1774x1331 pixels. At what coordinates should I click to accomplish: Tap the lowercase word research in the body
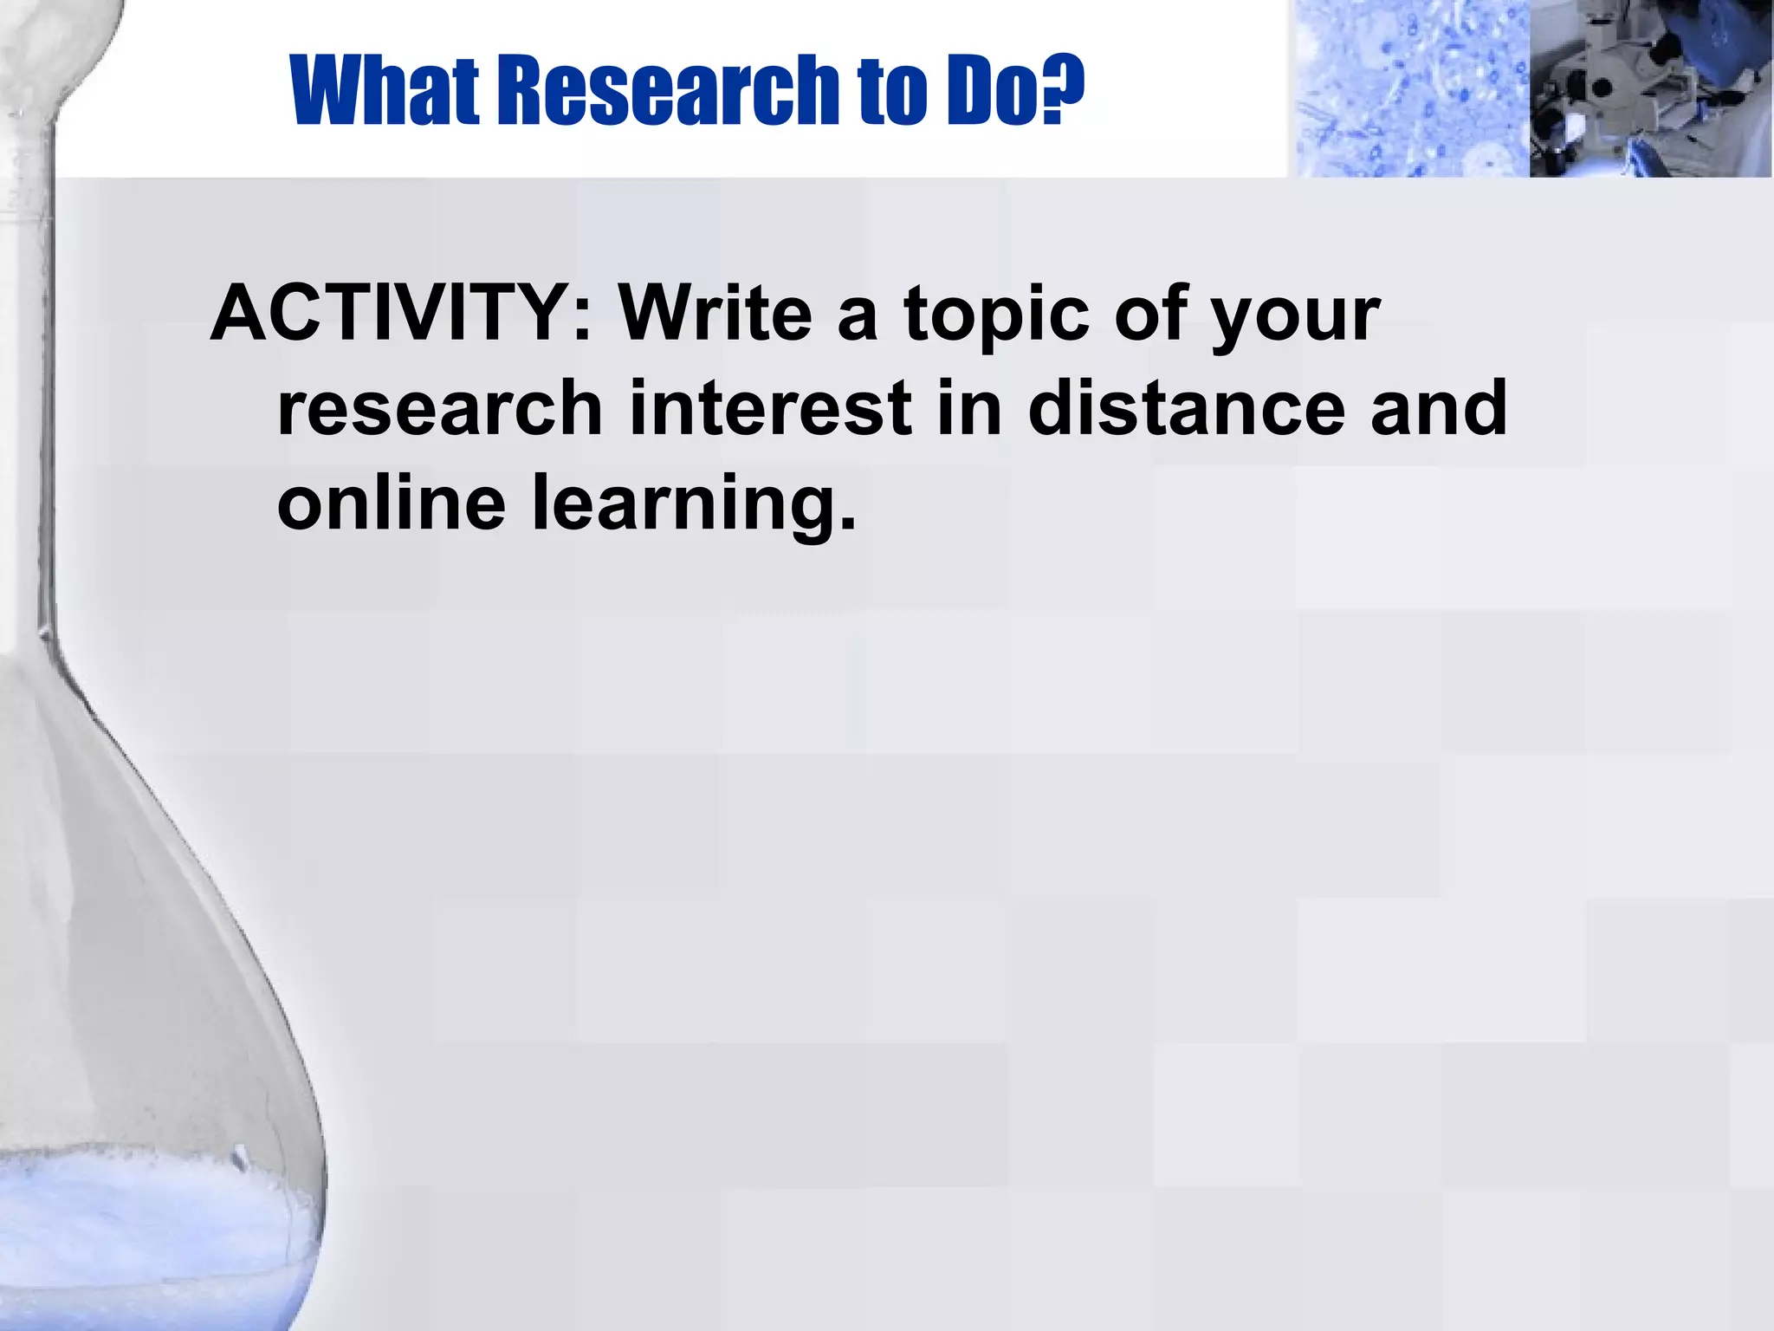[x=439, y=409]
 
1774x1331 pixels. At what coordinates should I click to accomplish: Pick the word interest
[x=770, y=409]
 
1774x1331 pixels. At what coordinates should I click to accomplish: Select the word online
[x=391, y=503]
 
